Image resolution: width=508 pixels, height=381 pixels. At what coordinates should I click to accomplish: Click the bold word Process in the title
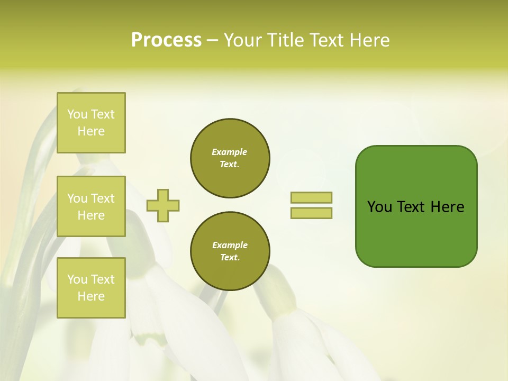[166, 40]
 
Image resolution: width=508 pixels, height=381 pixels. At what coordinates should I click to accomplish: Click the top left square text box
[91, 123]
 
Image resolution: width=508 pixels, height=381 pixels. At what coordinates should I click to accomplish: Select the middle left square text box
[91, 206]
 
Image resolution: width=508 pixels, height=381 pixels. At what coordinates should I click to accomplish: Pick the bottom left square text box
[91, 288]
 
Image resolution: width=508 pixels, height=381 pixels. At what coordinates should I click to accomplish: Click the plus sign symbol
[162, 205]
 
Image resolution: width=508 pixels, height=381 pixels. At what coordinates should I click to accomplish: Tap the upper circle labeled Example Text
[230, 158]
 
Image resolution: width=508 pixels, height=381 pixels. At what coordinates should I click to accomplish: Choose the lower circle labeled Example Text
[230, 251]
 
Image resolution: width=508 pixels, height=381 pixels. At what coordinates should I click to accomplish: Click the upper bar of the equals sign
[311, 198]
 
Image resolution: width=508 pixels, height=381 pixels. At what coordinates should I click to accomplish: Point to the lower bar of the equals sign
[311, 213]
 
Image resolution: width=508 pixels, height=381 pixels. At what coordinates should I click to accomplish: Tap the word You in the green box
[380, 207]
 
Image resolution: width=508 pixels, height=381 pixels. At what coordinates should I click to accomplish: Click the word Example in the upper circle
[230, 152]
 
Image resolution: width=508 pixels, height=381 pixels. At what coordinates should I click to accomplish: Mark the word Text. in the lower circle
[230, 257]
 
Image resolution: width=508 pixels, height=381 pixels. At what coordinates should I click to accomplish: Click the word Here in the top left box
[91, 131]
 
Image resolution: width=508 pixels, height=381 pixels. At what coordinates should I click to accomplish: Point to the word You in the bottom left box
[77, 279]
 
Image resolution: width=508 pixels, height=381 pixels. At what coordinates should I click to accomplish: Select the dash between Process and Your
[212, 40]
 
